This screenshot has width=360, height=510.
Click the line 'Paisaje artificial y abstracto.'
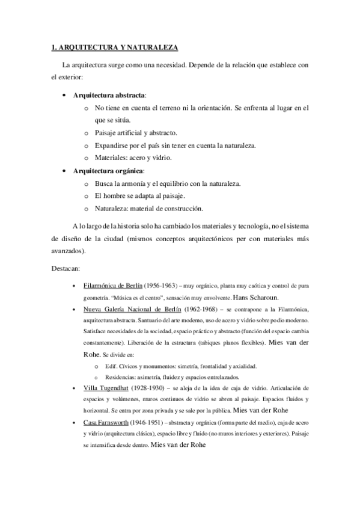[135, 133]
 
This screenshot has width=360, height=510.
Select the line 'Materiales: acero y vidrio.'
[133, 158]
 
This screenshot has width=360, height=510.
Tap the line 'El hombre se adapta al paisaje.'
[139, 196]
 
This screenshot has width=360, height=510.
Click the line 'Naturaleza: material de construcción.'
[148, 209]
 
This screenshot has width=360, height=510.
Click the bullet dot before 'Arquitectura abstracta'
[64, 95]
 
